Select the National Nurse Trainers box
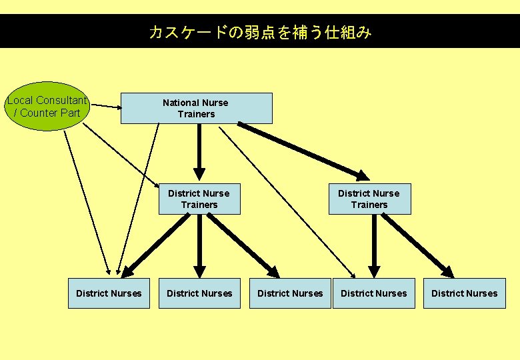196,108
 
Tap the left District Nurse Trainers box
199,199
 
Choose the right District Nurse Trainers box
369,199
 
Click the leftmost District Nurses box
109,293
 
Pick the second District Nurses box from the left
199,293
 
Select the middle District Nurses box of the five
290,293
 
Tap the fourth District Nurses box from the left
373,293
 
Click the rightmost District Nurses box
464,293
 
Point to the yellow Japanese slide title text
260,32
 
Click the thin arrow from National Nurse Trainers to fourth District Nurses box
287,200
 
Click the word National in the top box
179,103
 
